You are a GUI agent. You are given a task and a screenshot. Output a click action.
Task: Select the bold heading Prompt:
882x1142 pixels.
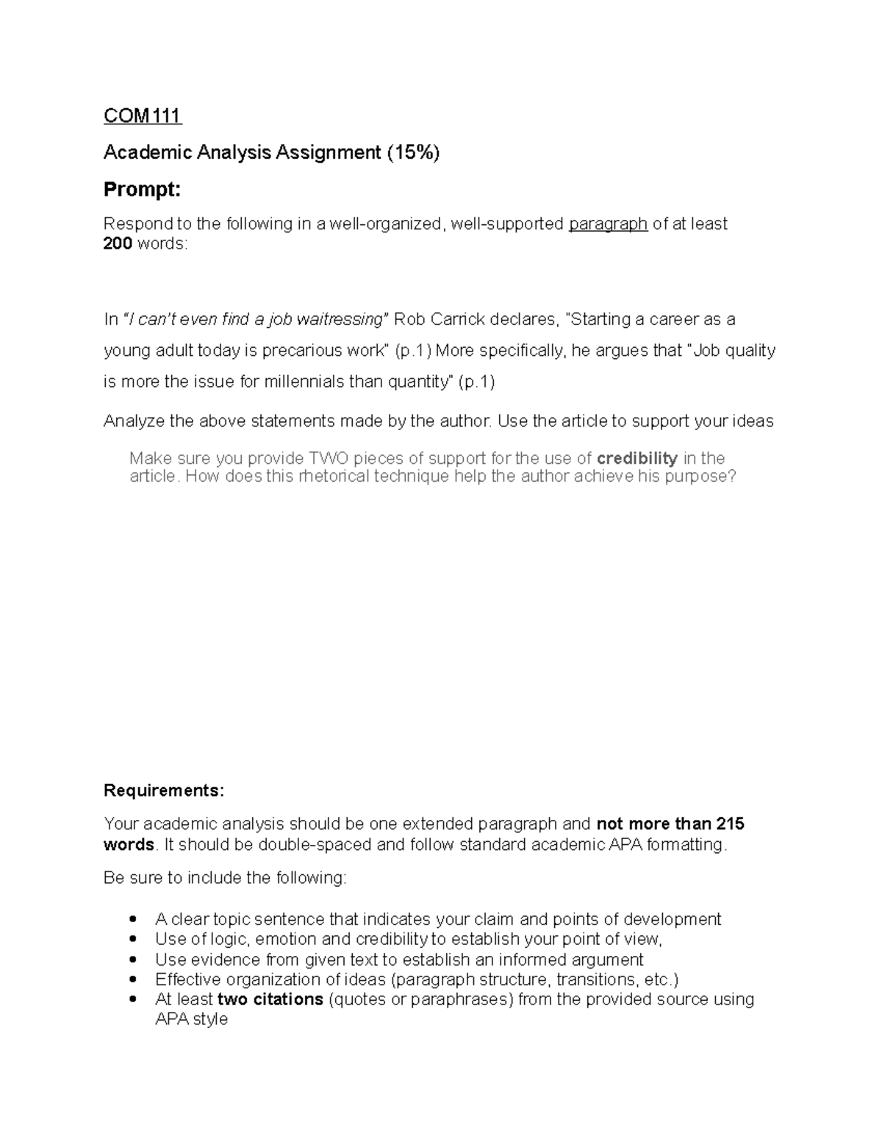coord(142,190)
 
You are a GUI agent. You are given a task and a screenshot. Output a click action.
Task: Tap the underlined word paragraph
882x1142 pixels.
coord(608,224)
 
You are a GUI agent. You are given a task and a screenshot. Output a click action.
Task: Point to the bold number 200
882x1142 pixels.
coord(118,243)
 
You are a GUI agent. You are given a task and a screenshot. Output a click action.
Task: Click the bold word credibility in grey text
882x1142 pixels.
coord(637,458)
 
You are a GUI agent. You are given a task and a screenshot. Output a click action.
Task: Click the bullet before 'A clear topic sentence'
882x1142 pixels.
coord(133,919)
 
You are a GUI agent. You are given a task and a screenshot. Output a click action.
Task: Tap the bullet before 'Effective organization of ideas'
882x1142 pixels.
coord(133,979)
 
